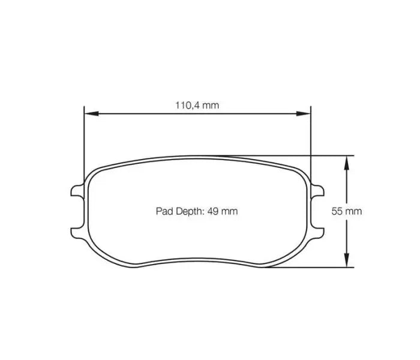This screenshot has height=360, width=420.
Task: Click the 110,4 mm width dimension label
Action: click(197, 105)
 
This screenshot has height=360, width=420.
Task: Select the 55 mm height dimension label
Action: click(347, 211)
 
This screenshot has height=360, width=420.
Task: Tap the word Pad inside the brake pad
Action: click(164, 211)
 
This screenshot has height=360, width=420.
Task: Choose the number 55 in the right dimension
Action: click(337, 211)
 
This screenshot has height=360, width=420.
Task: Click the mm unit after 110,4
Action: click(210, 105)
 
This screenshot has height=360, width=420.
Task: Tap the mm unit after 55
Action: click(354, 211)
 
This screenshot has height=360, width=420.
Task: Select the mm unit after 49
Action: click(229, 211)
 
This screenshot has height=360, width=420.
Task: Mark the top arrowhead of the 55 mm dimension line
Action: click(346, 160)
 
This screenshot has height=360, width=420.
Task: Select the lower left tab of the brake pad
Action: click(77, 230)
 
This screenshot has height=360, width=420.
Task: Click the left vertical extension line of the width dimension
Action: click(84, 144)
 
